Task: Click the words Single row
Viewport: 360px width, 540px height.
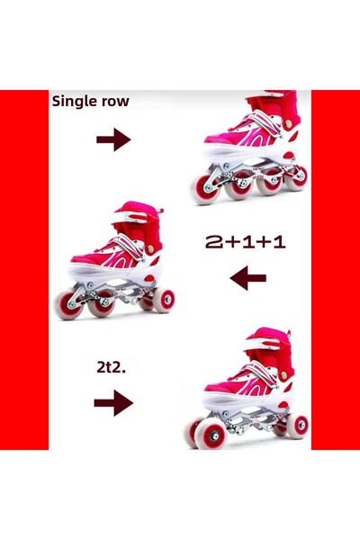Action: [x=91, y=101]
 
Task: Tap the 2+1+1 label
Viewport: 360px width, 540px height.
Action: [x=246, y=242]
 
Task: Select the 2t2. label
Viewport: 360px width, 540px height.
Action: [x=111, y=367]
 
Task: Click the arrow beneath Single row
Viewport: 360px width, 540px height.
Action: [x=113, y=139]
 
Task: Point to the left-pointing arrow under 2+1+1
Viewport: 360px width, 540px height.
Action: [x=247, y=277]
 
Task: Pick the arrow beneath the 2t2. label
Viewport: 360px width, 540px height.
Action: [x=113, y=402]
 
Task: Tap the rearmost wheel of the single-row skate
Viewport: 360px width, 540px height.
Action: [x=296, y=178]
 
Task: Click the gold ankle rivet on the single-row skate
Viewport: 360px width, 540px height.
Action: [x=288, y=123]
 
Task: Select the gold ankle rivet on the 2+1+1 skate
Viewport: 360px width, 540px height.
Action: [x=150, y=249]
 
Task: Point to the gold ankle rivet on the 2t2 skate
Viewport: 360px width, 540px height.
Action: [x=283, y=375]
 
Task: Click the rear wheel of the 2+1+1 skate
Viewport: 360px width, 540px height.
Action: [x=165, y=301]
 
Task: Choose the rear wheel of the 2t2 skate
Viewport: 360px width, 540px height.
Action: [x=298, y=426]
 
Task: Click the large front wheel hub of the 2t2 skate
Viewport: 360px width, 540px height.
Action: [x=214, y=436]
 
